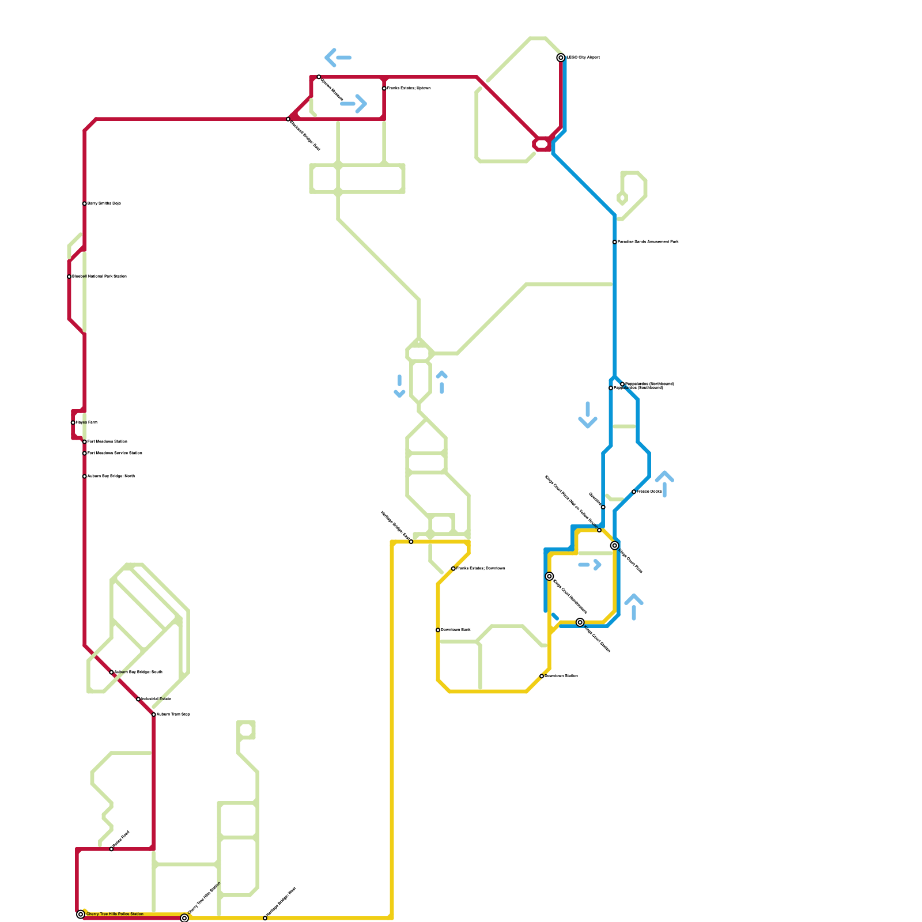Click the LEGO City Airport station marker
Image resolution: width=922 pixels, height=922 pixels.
561,58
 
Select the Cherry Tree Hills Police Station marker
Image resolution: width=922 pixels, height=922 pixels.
81,915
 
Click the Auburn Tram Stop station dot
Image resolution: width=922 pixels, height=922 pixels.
154,715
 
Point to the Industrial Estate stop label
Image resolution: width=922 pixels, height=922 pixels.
157,699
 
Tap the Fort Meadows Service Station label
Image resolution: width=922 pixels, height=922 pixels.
115,454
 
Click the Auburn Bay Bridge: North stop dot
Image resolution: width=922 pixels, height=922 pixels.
85,477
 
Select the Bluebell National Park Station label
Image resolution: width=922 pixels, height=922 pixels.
99,277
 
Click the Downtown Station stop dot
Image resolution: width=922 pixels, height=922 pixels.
542,676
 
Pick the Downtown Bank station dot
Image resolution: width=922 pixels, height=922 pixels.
438,630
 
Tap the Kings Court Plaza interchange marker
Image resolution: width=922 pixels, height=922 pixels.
615,546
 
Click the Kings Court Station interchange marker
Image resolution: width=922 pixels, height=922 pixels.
580,622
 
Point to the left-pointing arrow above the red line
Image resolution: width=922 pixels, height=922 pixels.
338,58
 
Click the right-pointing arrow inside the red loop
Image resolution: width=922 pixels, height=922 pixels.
354,104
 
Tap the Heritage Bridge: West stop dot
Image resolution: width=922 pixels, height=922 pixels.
265,918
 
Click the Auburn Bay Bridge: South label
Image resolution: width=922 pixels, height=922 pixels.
138,672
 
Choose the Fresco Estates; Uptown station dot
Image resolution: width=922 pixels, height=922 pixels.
384,88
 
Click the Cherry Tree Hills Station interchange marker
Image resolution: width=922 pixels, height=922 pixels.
184,918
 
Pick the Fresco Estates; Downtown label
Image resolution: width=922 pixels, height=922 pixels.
481,569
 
